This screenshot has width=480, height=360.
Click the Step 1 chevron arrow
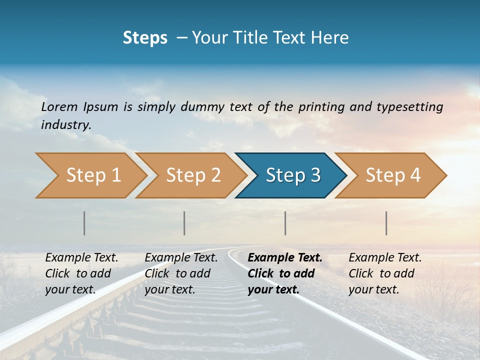92,175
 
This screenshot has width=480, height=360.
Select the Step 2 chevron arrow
192,175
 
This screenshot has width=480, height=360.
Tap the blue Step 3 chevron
292,175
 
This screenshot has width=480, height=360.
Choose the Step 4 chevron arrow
392,175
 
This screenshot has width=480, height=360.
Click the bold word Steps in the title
145,38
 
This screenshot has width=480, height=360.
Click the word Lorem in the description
59,106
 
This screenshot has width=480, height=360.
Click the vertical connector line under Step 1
84,223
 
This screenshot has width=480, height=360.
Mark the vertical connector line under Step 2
184,223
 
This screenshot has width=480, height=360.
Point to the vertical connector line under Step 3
285,223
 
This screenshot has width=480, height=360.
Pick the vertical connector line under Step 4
386,223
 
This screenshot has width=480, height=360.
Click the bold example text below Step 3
285,273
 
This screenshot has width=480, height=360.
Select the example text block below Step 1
82,273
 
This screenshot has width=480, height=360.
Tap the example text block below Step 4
385,273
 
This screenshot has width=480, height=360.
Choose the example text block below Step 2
181,273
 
